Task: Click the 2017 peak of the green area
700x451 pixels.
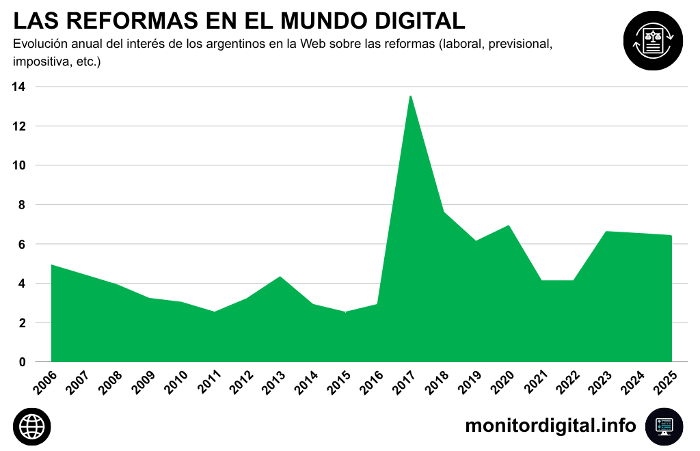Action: coord(410,96)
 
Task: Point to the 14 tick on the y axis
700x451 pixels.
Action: coord(18,87)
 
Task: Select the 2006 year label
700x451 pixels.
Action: coord(45,383)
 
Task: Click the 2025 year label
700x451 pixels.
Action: coord(666,383)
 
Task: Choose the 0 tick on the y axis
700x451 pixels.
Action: coord(22,362)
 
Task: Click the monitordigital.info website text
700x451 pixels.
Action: coord(550,426)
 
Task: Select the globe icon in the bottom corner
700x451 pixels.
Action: coord(31,427)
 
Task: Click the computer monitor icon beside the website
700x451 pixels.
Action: coord(664,426)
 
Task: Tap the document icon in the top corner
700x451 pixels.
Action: coord(653,41)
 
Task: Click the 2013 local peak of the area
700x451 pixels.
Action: coord(280,277)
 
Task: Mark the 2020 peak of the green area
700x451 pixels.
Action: coord(509,225)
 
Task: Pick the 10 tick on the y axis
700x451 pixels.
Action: coord(18,165)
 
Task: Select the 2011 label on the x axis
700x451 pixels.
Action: coord(208,383)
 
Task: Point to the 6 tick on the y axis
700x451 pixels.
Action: coord(22,244)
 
